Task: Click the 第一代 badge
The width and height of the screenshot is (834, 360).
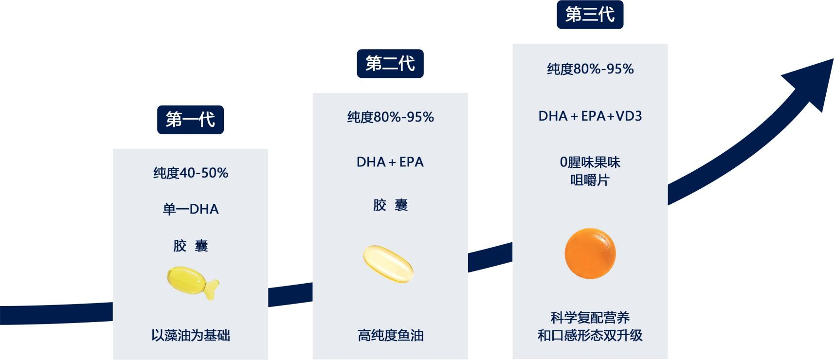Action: tap(190, 120)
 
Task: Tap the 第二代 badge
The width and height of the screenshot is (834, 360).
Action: tap(390, 63)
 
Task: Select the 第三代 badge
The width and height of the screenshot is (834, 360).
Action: tap(590, 15)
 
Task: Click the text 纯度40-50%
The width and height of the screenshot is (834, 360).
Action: tap(191, 173)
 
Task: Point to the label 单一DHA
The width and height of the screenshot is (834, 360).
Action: tap(191, 209)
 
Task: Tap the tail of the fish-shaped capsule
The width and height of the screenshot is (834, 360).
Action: tap(212, 289)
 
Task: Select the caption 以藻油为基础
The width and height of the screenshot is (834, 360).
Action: tap(191, 335)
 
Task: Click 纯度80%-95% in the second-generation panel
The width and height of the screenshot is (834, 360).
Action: tap(391, 117)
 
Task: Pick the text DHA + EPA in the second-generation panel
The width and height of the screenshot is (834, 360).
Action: tap(390, 162)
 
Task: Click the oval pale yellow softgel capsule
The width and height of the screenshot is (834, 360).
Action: tap(389, 264)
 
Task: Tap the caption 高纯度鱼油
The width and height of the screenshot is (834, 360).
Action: tap(391, 335)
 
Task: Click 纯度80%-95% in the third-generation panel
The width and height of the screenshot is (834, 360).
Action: tap(590, 69)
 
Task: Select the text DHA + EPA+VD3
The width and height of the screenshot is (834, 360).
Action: tap(590, 116)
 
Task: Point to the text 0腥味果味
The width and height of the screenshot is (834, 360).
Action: tap(590, 162)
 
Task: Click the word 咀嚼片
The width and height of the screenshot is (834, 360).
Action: tap(590, 180)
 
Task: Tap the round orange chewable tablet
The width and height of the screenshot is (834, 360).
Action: tap(590, 253)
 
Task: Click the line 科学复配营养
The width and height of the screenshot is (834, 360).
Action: tap(590, 318)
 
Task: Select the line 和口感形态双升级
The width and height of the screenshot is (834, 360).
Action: tap(590, 335)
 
